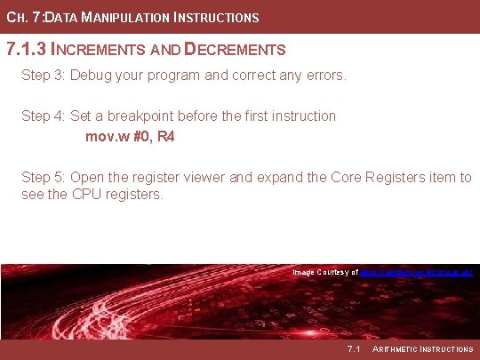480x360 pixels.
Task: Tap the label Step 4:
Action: pos(44,116)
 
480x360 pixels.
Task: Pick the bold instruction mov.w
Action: pos(106,137)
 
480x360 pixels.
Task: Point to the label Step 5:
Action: pos(44,177)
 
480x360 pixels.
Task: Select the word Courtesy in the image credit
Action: pos(334,271)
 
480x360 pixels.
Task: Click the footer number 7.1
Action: pos(353,348)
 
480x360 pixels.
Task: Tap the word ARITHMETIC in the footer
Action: pos(400,348)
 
